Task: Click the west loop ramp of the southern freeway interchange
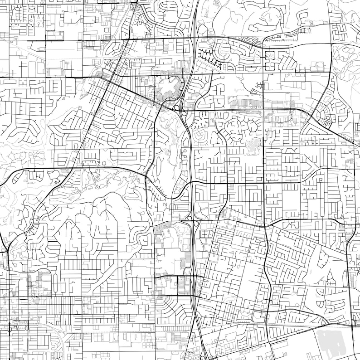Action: click(x=189, y=223)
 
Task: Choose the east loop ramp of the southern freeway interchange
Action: click(x=198, y=223)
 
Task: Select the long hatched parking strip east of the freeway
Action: click(x=254, y=104)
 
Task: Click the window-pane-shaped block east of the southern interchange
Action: click(x=206, y=233)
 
